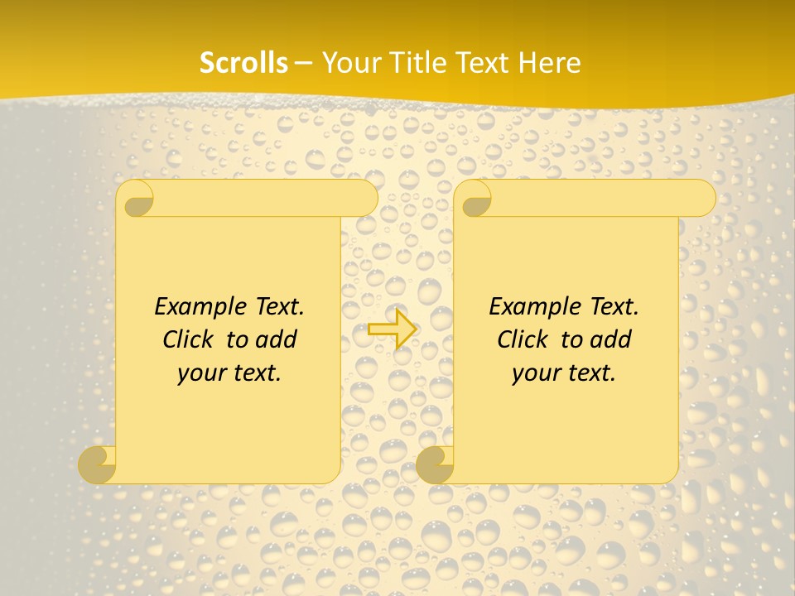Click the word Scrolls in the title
pos(244,63)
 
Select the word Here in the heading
pos(550,63)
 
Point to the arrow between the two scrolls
pos(392,329)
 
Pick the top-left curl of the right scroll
pos(474,199)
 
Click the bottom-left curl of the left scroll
pos(97,464)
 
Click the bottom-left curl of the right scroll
pos(435,464)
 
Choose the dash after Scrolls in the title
pos(304,64)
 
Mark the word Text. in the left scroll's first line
pos(277,306)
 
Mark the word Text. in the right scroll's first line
pos(611,306)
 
